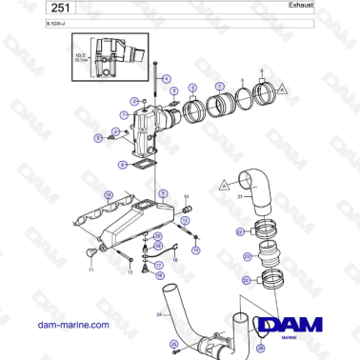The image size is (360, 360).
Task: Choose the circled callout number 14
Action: [x=196, y=250]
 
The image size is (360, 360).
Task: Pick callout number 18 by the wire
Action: [x=160, y=273]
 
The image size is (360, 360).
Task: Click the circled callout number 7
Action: [x=220, y=86]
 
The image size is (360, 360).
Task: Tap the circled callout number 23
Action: [x=247, y=255]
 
